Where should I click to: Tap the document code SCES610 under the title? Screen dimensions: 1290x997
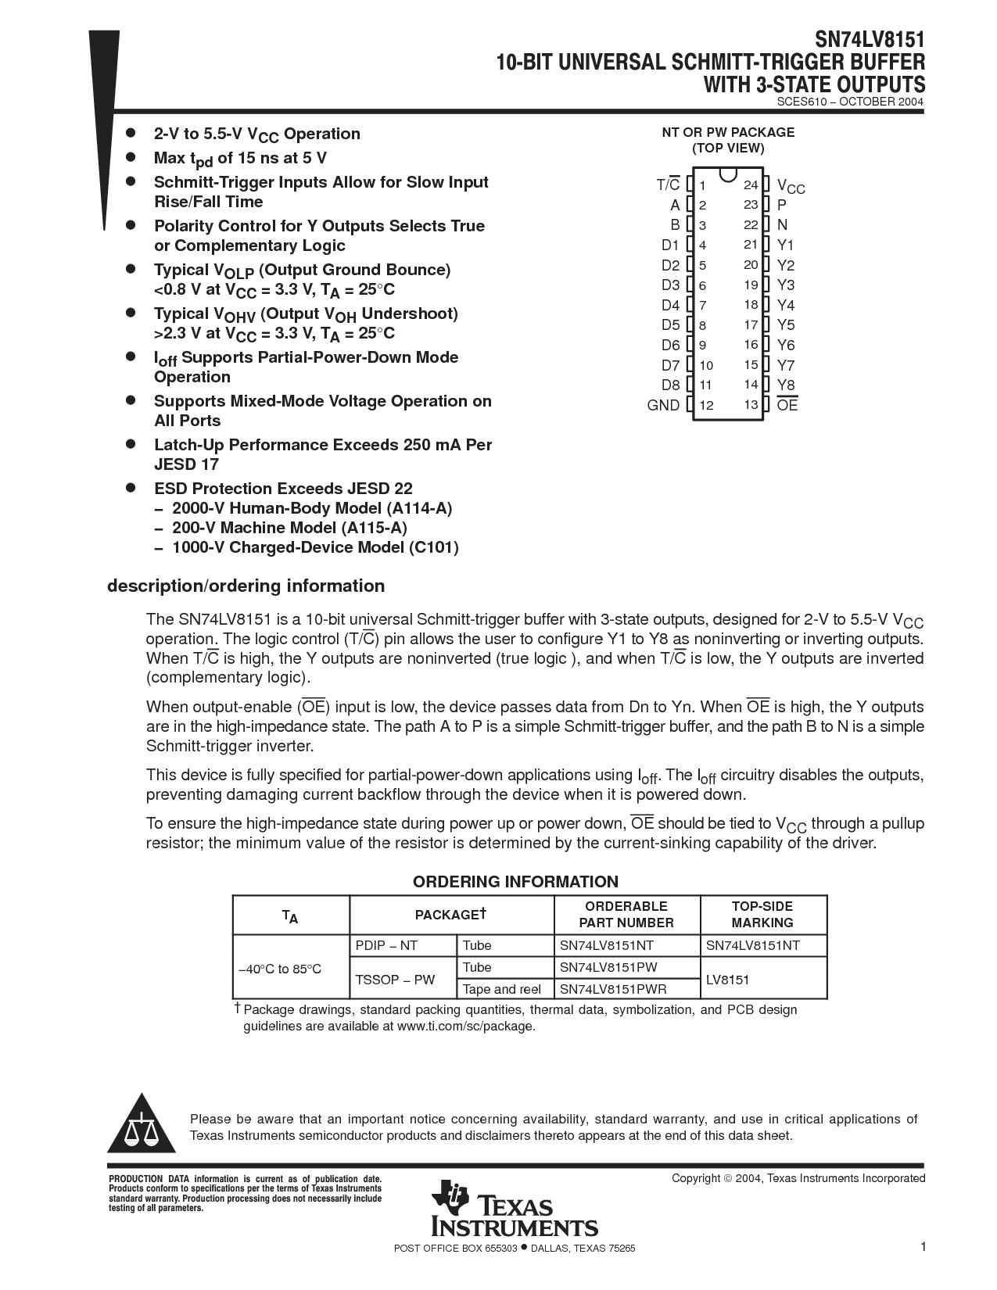[805, 102]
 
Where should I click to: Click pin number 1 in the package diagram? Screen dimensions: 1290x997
[703, 185]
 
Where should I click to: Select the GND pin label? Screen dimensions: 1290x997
[663, 405]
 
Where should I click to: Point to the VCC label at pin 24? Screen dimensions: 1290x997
[791, 186]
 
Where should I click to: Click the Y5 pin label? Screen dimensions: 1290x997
[785, 324]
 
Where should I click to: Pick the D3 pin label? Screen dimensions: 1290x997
[670, 285]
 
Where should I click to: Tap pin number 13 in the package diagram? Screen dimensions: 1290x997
[751, 404]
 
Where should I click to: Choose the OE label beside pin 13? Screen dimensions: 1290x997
[787, 405]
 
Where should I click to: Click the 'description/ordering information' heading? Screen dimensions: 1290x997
[246, 586]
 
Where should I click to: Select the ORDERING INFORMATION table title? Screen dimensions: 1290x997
[515, 882]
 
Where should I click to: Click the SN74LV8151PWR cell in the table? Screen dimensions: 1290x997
[613, 989]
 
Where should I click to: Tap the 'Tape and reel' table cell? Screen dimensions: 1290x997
[501, 989]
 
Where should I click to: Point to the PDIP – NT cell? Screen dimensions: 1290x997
[386, 945]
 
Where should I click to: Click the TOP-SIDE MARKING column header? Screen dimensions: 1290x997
[762, 914]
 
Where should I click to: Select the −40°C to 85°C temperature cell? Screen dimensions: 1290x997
[280, 969]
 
